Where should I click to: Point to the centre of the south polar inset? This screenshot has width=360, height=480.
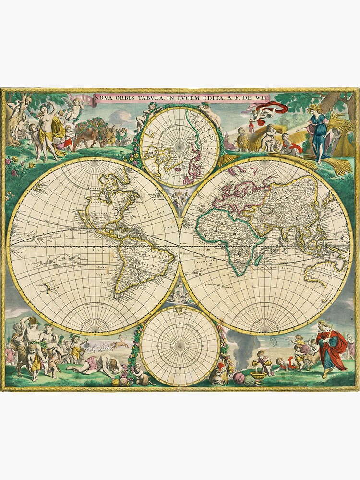(180, 345)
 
